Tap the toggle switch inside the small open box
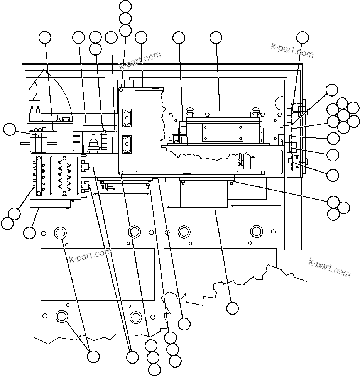click(93, 145)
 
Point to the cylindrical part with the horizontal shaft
click(38, 143)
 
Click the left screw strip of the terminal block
click(39, 176)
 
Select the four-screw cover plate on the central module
click(223, 133)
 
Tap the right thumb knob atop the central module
click(255, 112)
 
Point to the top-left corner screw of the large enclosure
click(122, 90)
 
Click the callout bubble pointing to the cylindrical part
click(10, 129)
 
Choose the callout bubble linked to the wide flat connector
click(216, 37)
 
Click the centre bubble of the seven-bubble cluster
click(343, 115)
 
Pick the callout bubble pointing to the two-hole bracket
click(333, 175)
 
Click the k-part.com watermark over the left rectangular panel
click(90, 256)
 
